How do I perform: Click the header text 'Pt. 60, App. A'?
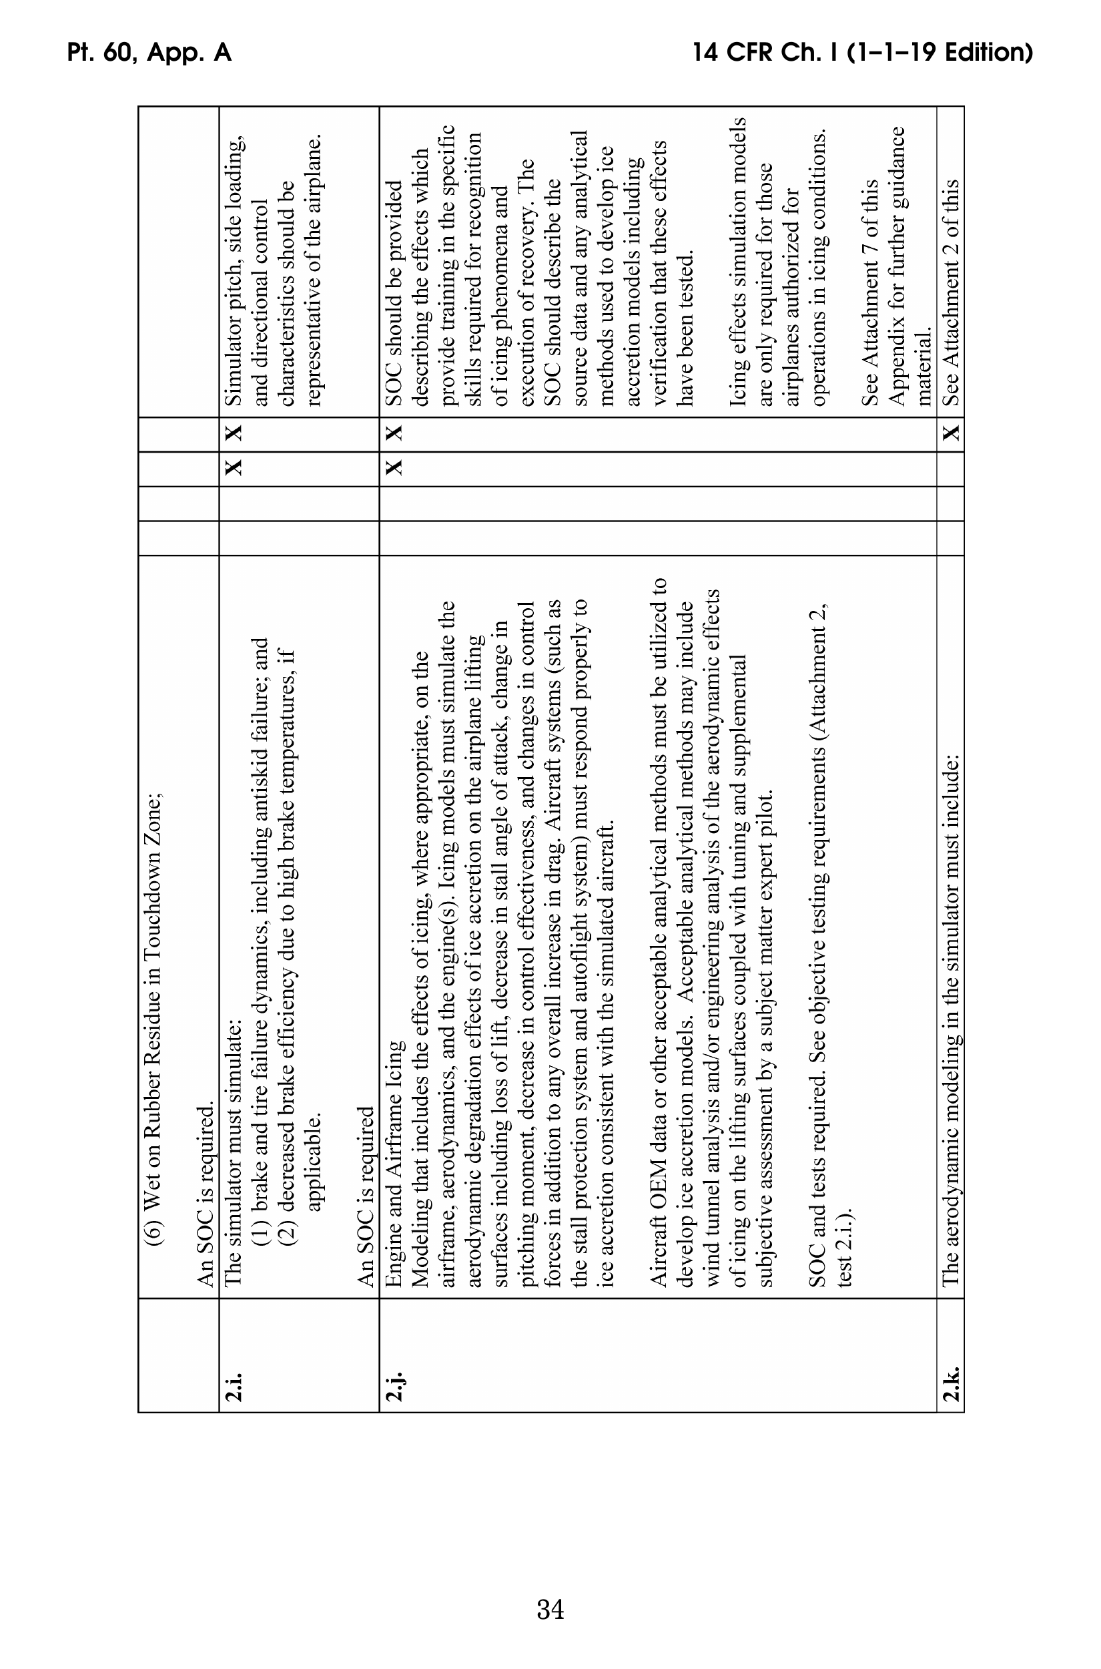pos(149,53)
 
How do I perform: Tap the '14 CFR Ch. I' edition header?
pos(862,53)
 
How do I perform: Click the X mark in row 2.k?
pos(951,433)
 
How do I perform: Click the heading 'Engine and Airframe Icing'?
pos(394,1163)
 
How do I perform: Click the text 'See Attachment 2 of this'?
pos(951,292)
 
